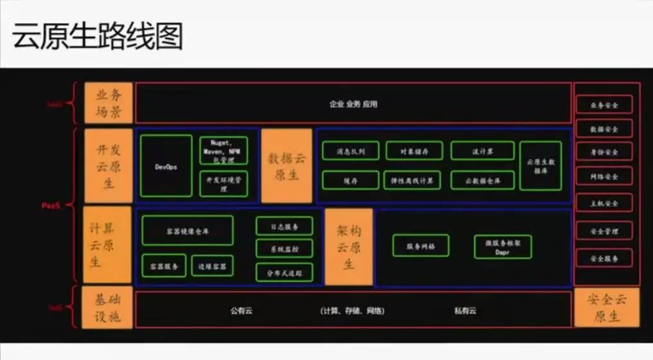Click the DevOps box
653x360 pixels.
166,166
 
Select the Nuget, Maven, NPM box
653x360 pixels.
223,150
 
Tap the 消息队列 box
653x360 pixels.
351,151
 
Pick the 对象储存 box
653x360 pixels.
414,151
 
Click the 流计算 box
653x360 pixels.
482,151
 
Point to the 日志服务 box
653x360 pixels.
284,226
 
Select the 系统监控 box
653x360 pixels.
284,249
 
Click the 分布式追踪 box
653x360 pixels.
284,273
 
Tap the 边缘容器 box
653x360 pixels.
212,265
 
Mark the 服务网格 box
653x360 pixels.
421,246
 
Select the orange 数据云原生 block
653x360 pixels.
287,166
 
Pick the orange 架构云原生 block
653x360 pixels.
348,247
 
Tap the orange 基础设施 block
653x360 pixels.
108,309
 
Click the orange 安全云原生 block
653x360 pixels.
606,307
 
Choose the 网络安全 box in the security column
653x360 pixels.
604,176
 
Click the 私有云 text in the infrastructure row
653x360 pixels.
465,310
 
